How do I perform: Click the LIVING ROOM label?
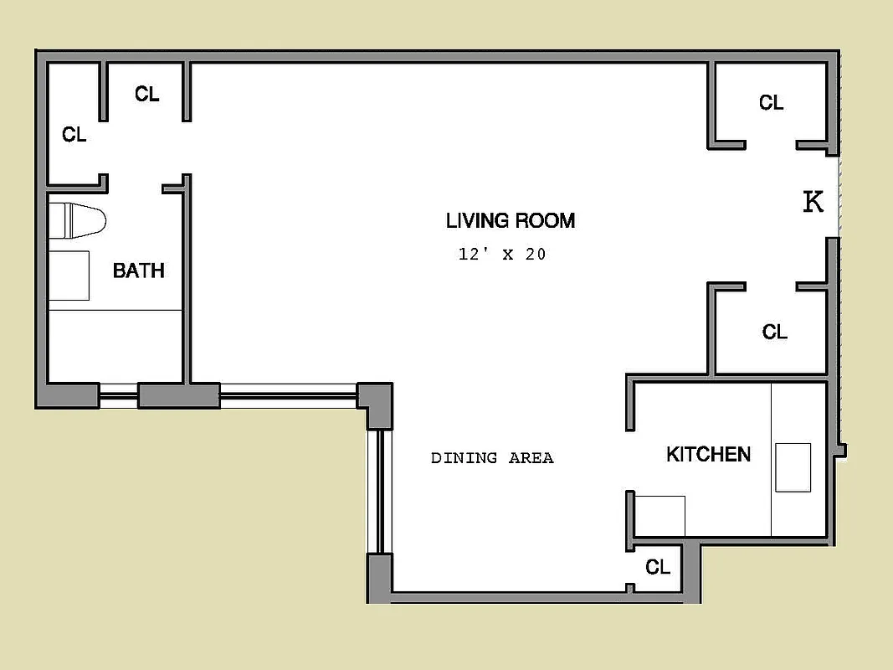(x=510, y=221)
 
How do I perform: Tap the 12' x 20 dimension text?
(x=502, y=255)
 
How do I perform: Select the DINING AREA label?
(x=492, y=458)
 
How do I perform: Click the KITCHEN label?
(x=708, y=455)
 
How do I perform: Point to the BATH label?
(x=138, y=271)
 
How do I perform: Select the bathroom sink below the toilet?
(x=69, y=275)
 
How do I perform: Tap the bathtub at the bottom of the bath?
(x=115, y=346)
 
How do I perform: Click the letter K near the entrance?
(x=813, y=202)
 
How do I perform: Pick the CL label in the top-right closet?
(x=771, y=103)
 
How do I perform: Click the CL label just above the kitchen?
(x=774, y=332)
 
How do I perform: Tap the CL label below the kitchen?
(x=658, y=568)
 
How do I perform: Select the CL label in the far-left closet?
(x=74, y=135)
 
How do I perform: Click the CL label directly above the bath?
(x=146, y=95)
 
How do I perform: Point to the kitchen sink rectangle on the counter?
(x=793, y=467)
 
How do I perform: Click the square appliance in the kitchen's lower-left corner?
(x=659, y=515)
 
